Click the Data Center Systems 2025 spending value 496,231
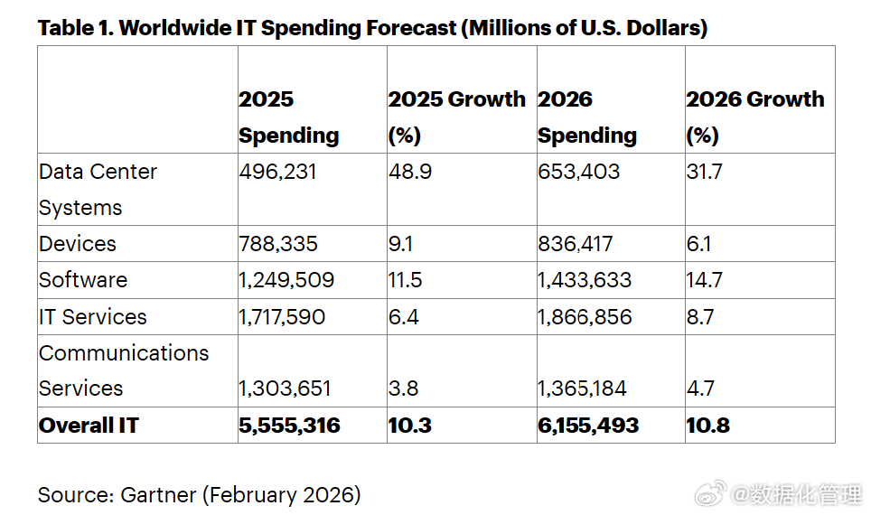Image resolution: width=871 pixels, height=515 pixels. coord(277,172)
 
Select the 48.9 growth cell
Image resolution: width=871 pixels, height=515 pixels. coord(409,172)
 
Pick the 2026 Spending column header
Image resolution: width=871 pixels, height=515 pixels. coord(587,117)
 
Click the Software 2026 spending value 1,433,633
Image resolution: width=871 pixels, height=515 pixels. coord(585,280)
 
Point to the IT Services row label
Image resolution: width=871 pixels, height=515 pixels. coord(92,317)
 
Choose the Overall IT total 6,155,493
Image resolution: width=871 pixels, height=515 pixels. coord(588,426)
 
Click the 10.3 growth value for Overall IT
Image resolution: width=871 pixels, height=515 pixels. coord(409,426)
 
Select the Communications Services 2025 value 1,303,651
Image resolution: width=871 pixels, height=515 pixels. coord(285,389)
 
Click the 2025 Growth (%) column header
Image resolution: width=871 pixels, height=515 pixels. coord(456,117)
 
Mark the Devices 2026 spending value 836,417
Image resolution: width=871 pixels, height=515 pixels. coord(575,244)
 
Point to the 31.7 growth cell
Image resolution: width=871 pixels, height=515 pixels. coord(704,172)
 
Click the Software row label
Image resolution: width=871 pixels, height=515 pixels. coord(83,280)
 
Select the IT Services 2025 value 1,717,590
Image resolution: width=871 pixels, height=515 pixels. coord(282,317)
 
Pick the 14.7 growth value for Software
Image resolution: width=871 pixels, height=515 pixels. coord(704,280)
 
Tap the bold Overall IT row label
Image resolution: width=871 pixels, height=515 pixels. coord(89,426)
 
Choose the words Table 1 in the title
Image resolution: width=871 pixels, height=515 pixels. coord(74,28)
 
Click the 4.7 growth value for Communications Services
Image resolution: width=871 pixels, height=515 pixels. coord(700,389)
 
